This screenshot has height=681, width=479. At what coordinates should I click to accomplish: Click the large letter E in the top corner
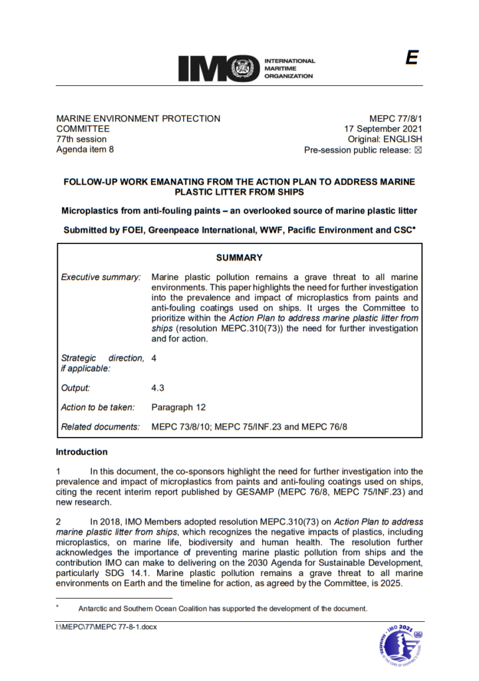(x=412, y=59)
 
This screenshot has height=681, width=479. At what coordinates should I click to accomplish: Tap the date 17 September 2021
(x=383, y=129)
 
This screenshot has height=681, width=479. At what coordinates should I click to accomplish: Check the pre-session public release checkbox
(x=418, y=150)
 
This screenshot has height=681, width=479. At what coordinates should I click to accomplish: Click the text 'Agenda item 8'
(x=84, y=150)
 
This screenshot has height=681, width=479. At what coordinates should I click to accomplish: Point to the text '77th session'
(x=80, y=139)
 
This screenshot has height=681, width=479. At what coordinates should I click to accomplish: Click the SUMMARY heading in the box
(x=239, y=257)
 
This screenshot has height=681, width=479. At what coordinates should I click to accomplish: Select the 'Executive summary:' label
(x=100, y=277)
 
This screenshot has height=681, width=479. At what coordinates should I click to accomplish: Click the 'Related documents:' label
(x=100, y=426)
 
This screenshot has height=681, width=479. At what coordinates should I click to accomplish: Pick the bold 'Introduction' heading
(x=81, y=452)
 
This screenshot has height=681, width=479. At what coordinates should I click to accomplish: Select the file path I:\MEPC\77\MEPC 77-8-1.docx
(x=106, y=626)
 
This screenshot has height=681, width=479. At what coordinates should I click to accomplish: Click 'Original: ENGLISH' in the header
(x=385, y=140)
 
